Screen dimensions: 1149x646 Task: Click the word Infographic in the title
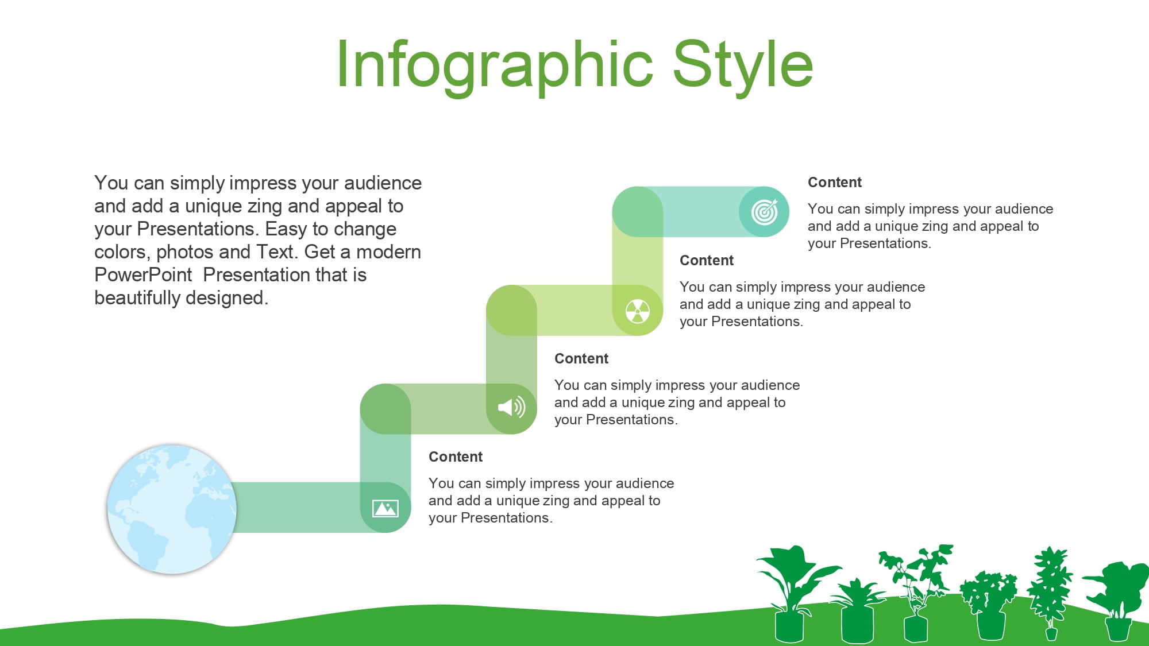(495, 65)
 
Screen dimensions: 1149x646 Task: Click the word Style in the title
(743, 65)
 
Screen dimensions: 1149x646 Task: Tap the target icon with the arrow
(765, 212)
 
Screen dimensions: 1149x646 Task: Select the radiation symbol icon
(638, 311)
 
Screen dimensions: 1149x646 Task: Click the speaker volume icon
(512, 408)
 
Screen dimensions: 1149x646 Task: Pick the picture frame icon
(385, 508)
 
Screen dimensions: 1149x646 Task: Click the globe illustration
(172, 509)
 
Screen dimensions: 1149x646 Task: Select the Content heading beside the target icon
(835, 183)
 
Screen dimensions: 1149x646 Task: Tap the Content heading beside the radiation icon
(707, 261)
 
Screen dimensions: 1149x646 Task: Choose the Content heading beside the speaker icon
(581, 359)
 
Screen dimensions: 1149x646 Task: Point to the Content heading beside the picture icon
(456, 457)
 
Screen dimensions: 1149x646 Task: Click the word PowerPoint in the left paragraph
(143, 275)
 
